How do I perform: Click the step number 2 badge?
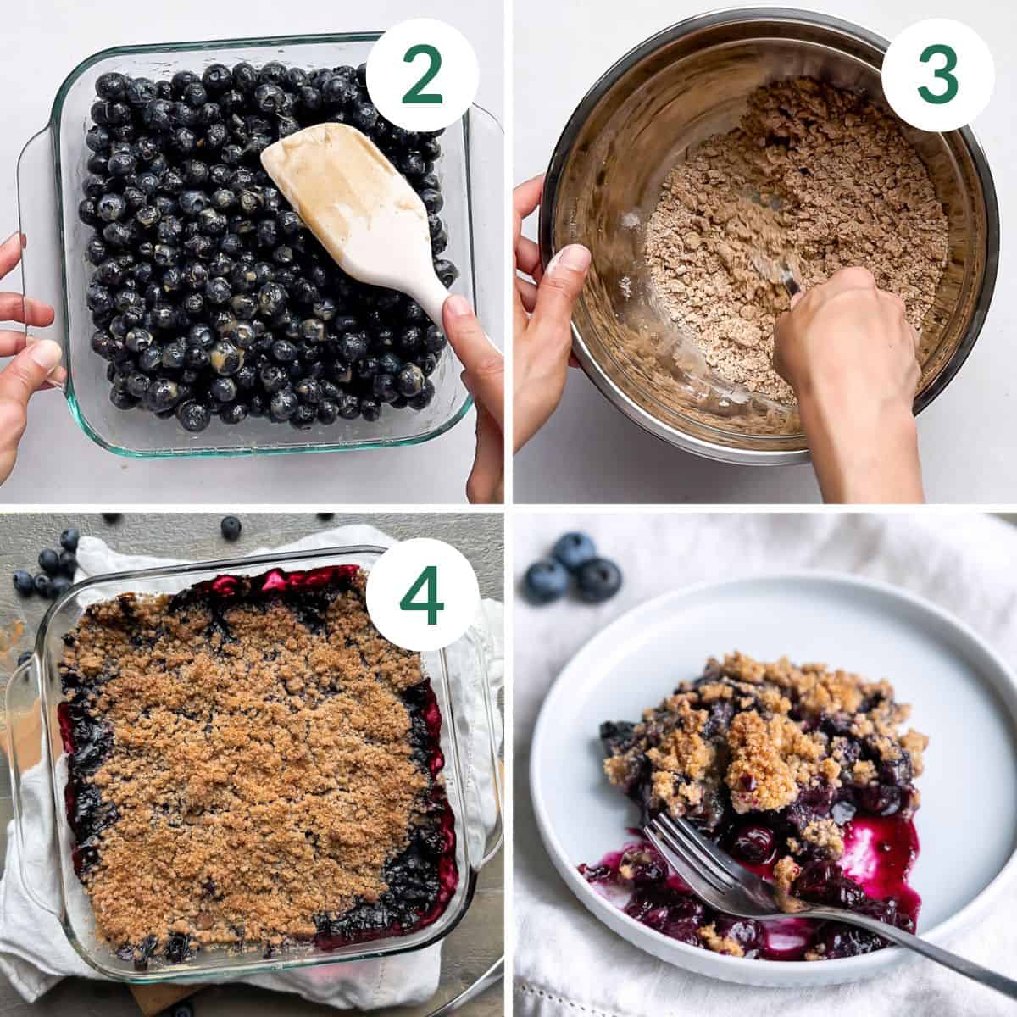point(421,75)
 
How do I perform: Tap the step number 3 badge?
point(937,75)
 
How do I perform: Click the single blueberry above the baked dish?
point(231,527)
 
